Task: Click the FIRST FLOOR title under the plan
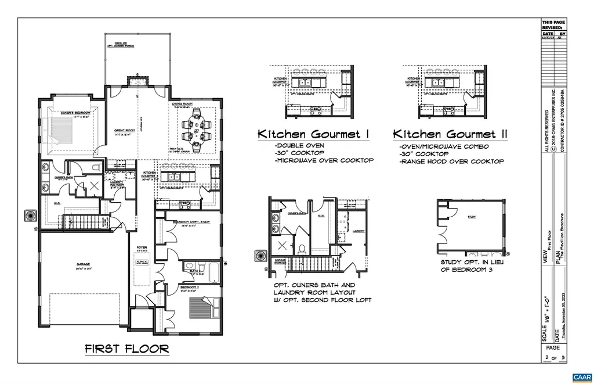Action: click(127, 349)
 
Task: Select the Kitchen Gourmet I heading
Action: click(314, 134)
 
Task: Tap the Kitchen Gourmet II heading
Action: click(451, 134)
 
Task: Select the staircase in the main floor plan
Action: click(84, 222)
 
